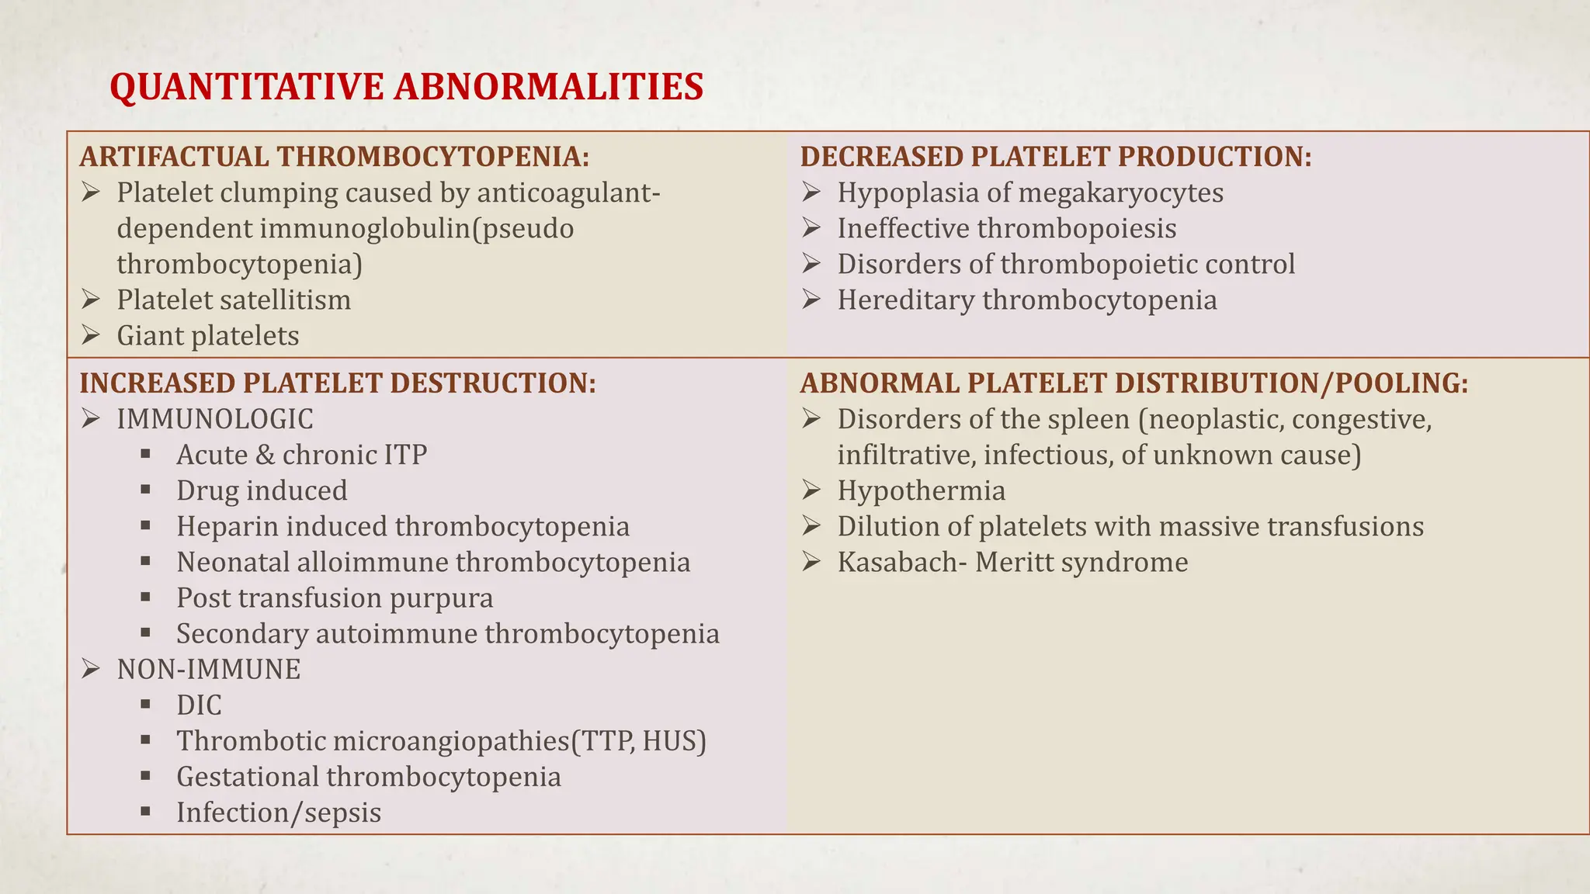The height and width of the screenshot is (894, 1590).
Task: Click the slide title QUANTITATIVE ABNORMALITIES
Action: coord(406,86)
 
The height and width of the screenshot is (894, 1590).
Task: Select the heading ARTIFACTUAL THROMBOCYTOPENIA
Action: coord(334,157)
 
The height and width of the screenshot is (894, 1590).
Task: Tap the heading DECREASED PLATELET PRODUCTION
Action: coord(1055,157)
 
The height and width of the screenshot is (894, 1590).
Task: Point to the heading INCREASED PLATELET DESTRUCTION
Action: coord(338,383)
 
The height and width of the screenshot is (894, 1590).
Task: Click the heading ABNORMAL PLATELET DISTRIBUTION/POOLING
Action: coord(1133,383)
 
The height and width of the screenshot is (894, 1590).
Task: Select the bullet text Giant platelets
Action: coord(208,336)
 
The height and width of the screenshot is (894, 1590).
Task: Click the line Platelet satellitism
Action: coord(234,300)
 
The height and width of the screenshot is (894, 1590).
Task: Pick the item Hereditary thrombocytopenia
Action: coord(1026,300)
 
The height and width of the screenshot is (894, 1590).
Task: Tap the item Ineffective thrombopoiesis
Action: coord(1006,229)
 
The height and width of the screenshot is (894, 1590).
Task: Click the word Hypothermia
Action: coord(921,491)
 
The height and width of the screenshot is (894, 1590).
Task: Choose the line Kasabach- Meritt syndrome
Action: coord(1012,563)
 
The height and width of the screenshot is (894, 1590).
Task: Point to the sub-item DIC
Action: coord(199,705)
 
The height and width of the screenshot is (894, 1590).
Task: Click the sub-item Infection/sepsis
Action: coord(279,813)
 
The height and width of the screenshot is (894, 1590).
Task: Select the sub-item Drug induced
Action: coord(262,491)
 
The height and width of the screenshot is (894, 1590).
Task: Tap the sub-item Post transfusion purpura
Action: coord(335,598)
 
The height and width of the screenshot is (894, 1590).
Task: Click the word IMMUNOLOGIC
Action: coord(215,420)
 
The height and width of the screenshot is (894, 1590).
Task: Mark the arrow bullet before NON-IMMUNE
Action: coord(91,669)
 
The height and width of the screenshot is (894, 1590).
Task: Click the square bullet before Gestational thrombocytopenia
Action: coord(145,775)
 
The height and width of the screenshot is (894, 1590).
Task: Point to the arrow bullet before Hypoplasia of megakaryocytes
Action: coord(811,192)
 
